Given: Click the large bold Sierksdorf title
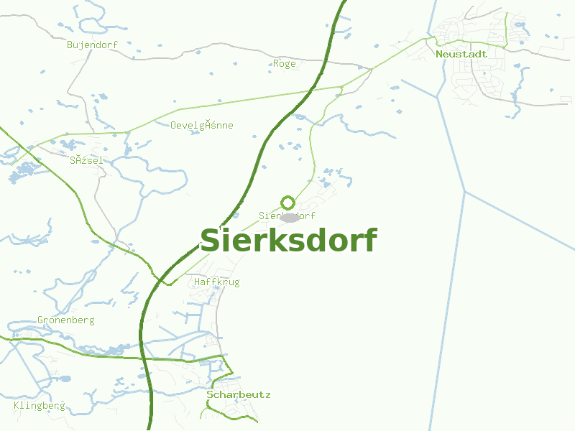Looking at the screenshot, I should pyautogui.click(x=287, y=241).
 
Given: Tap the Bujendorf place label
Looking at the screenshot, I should pyautogui.click(x=92, y=45).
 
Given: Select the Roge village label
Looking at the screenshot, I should pyautogui.click(x=284, y=63).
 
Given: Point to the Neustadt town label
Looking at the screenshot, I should pyautogui.click(x=461, y=54).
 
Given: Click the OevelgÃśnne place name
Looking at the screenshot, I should pyautogui.click(x=202, y=125).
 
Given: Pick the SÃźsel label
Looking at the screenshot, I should pyautogui.click(x=86, y=160).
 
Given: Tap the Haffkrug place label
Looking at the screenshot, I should pyautogui.click(x=216, y=282).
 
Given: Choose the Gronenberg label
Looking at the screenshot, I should pyautogui.click(x=65, y=320).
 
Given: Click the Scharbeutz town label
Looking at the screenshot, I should pyautogui.click(x=239, y=394).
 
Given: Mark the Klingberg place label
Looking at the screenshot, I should pyautogui.click(x=40, y=405).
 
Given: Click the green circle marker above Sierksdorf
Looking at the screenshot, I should pyautogui.click(x=287, y=203).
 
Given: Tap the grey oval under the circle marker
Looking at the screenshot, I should pyautogui.click(x=290, y=217).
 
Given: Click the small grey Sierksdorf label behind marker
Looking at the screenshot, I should pyautogui.click(x=267, y=215).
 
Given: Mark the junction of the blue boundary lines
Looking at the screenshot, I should pyautogui.click(x=464, y=192).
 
